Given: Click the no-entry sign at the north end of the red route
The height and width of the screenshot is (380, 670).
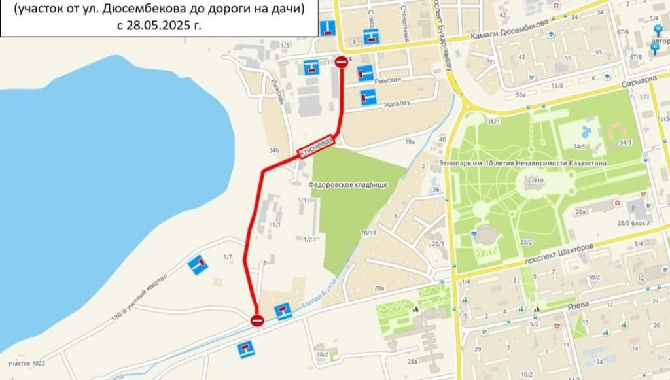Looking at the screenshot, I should [x=342, y=62].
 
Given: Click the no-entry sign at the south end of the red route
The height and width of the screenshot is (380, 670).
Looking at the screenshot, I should [x=257, y=320].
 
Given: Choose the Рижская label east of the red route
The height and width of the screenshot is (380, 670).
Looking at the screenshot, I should [x=389, y=80].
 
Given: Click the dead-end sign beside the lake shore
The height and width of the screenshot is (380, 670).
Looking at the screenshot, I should [x=197, y=265].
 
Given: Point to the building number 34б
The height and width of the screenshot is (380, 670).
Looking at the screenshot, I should [x=273, y=150].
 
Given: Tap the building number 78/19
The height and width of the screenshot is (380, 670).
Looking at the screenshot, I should [x=368, y=233].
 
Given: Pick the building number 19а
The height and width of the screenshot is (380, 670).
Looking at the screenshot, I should [x=410, y=141].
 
